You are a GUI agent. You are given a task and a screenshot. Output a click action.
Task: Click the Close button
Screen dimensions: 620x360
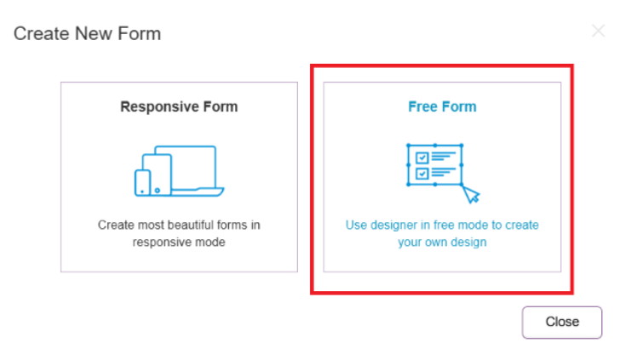tap(562, 322)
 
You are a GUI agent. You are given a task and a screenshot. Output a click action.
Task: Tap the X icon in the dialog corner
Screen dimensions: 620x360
tap(598, 31)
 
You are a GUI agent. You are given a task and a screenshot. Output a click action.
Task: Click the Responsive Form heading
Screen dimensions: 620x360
tap(179, 106)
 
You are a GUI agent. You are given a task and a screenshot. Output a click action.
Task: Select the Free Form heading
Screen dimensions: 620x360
tap(442, 106)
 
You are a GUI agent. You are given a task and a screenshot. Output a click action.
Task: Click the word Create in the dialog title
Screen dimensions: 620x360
tap(42, 33)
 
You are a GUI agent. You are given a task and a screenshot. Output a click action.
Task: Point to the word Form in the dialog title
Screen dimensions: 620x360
tap(139, 33)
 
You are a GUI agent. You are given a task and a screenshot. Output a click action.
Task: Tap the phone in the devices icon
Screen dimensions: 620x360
tap(143, 183)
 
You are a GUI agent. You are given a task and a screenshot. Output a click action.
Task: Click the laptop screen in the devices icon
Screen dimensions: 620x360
tap(186, 166)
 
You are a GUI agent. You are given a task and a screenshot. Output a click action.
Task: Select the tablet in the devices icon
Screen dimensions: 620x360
tap(157, 174)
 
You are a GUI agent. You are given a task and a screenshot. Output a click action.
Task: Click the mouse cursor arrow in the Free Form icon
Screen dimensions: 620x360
tap(470, 194)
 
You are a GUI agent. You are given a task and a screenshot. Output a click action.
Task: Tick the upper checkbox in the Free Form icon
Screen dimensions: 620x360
tap(422, 157)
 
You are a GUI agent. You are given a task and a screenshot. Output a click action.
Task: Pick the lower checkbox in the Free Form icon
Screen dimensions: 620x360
tap(422, 174)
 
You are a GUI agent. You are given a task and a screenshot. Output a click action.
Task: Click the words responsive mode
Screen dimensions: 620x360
tap(179, 243)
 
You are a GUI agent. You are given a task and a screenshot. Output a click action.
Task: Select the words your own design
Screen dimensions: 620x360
tap(442, 243)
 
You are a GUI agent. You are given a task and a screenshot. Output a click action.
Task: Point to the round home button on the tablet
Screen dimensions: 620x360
tap(158, 191)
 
